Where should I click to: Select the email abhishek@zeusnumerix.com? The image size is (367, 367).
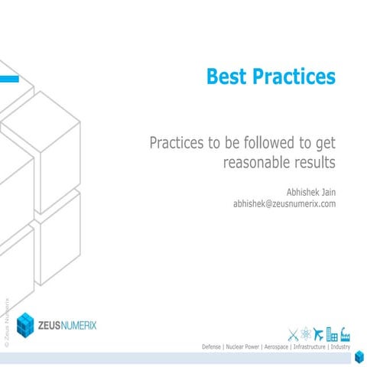pos(284,204)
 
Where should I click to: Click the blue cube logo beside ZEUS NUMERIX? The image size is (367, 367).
pos(25,325)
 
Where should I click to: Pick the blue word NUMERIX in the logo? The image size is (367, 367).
pos(90,325)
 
